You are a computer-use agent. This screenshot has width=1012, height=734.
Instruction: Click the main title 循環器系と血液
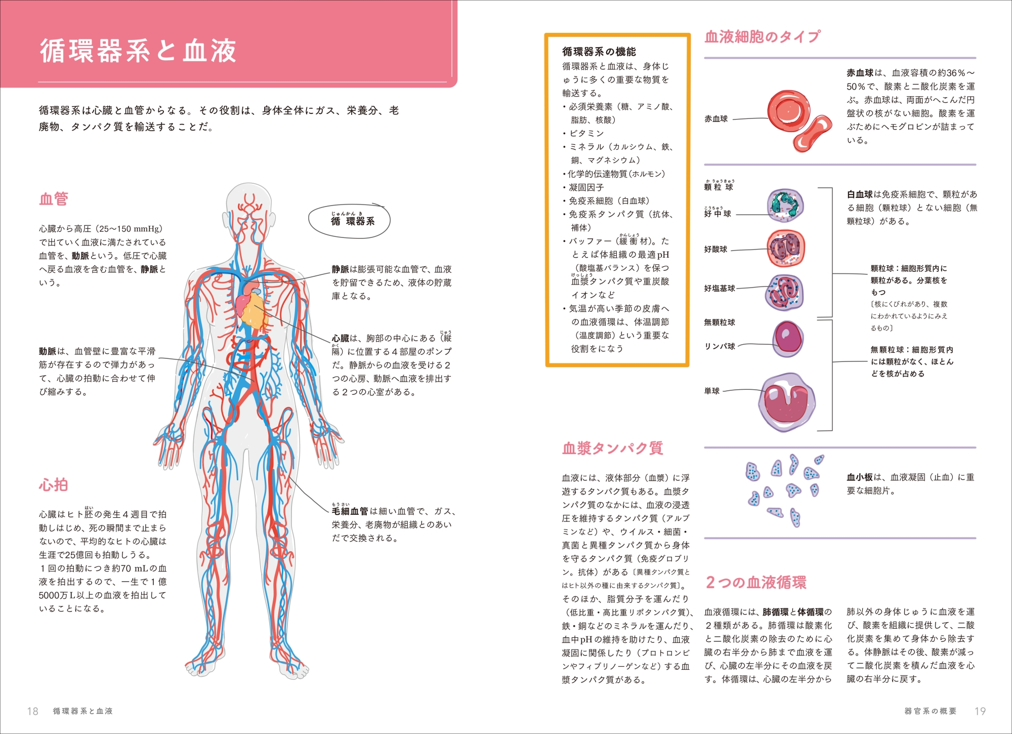pyautogui.click(x=138, y=51)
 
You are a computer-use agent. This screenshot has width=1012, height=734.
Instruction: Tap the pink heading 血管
pyautogui.click(x=54, y=198)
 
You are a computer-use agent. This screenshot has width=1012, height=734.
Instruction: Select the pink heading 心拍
pyautogui.click(x=54, y=484)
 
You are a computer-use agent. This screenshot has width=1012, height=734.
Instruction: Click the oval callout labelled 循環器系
pyautogui.click(x=349, y=221)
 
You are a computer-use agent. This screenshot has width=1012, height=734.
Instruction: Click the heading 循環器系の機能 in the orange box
pyautogui.click(x=599, y=52)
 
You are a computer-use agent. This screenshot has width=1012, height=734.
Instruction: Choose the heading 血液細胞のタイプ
pyautogui.click(x=763, y=36)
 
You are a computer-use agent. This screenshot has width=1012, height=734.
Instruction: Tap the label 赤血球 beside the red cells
pyautogui.click(x=716, y=119)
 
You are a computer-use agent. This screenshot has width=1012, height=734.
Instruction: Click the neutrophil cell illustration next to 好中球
pyautogui.click(x=785, y=205)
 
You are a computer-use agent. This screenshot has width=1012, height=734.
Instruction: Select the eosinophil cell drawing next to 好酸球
pyautogui.click(x=786, y=248)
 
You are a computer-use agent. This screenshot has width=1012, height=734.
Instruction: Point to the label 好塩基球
pyautogui.click(x=720, y=289)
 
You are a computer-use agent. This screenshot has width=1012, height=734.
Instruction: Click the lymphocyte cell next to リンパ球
pyautogui.click(x=788, y=339)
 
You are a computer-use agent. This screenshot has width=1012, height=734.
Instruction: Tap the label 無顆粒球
pyautogui.click(x=720, y=322)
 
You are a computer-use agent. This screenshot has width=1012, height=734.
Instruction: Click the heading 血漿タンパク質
pyautogui.click(x=612, y=448)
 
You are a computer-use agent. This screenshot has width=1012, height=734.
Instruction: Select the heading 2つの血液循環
pyautogui.click(x=756, y=582)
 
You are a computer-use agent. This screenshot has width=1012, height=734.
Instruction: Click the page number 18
pyautogui.click(x=32, y=711)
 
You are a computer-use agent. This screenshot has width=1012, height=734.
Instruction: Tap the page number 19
pyautogui.click(x=980, y=711)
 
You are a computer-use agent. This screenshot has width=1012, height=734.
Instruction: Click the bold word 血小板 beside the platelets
pyautogui.click(x=860, y=477)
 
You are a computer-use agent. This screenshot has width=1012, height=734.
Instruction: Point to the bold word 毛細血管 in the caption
pyautogui.click(x=350, y=511)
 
